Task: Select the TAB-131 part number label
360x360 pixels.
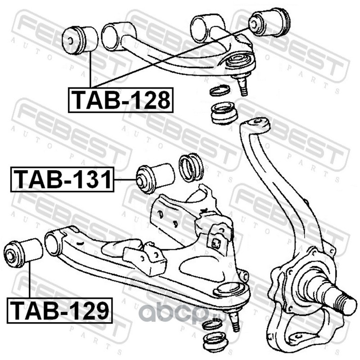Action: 62,179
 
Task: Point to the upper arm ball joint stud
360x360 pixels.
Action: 243,86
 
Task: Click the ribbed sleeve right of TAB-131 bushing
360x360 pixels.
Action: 191,167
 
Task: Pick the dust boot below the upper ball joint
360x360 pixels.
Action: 224,112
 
